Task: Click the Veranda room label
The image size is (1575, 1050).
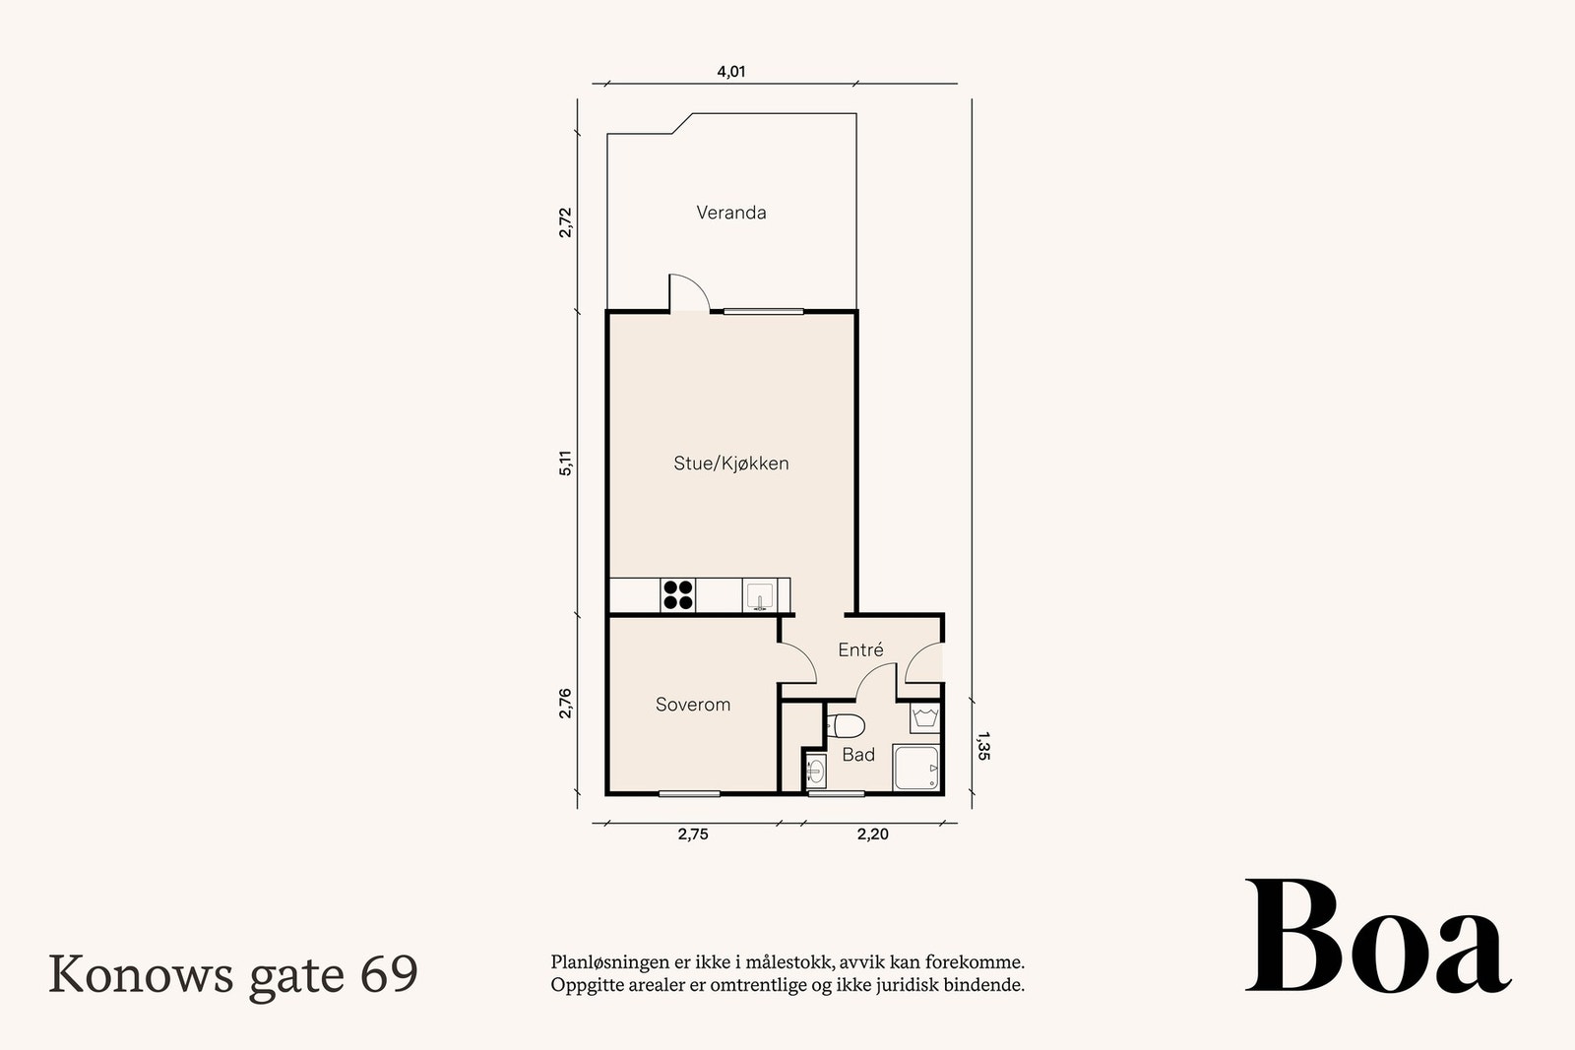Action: click(730, 213)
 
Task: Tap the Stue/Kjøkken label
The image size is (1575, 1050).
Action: click(730, 463)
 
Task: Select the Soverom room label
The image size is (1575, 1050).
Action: click(693, 705)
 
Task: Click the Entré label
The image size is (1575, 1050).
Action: click(860, 650)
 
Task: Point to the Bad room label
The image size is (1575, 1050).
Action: click(858, 755)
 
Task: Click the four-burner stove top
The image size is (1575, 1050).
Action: click(678, 595)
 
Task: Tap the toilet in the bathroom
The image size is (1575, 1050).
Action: click(845, 726)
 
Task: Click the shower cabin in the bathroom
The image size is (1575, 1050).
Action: click(916, 767)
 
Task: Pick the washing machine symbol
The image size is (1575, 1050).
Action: click(923, 716)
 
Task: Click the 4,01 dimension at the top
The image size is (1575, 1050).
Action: click(730, 72)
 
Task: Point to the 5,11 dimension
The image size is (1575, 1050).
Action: click(565, 463)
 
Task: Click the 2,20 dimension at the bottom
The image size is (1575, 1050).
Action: click(872, 834)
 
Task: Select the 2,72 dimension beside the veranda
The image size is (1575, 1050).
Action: click(565, 222)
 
